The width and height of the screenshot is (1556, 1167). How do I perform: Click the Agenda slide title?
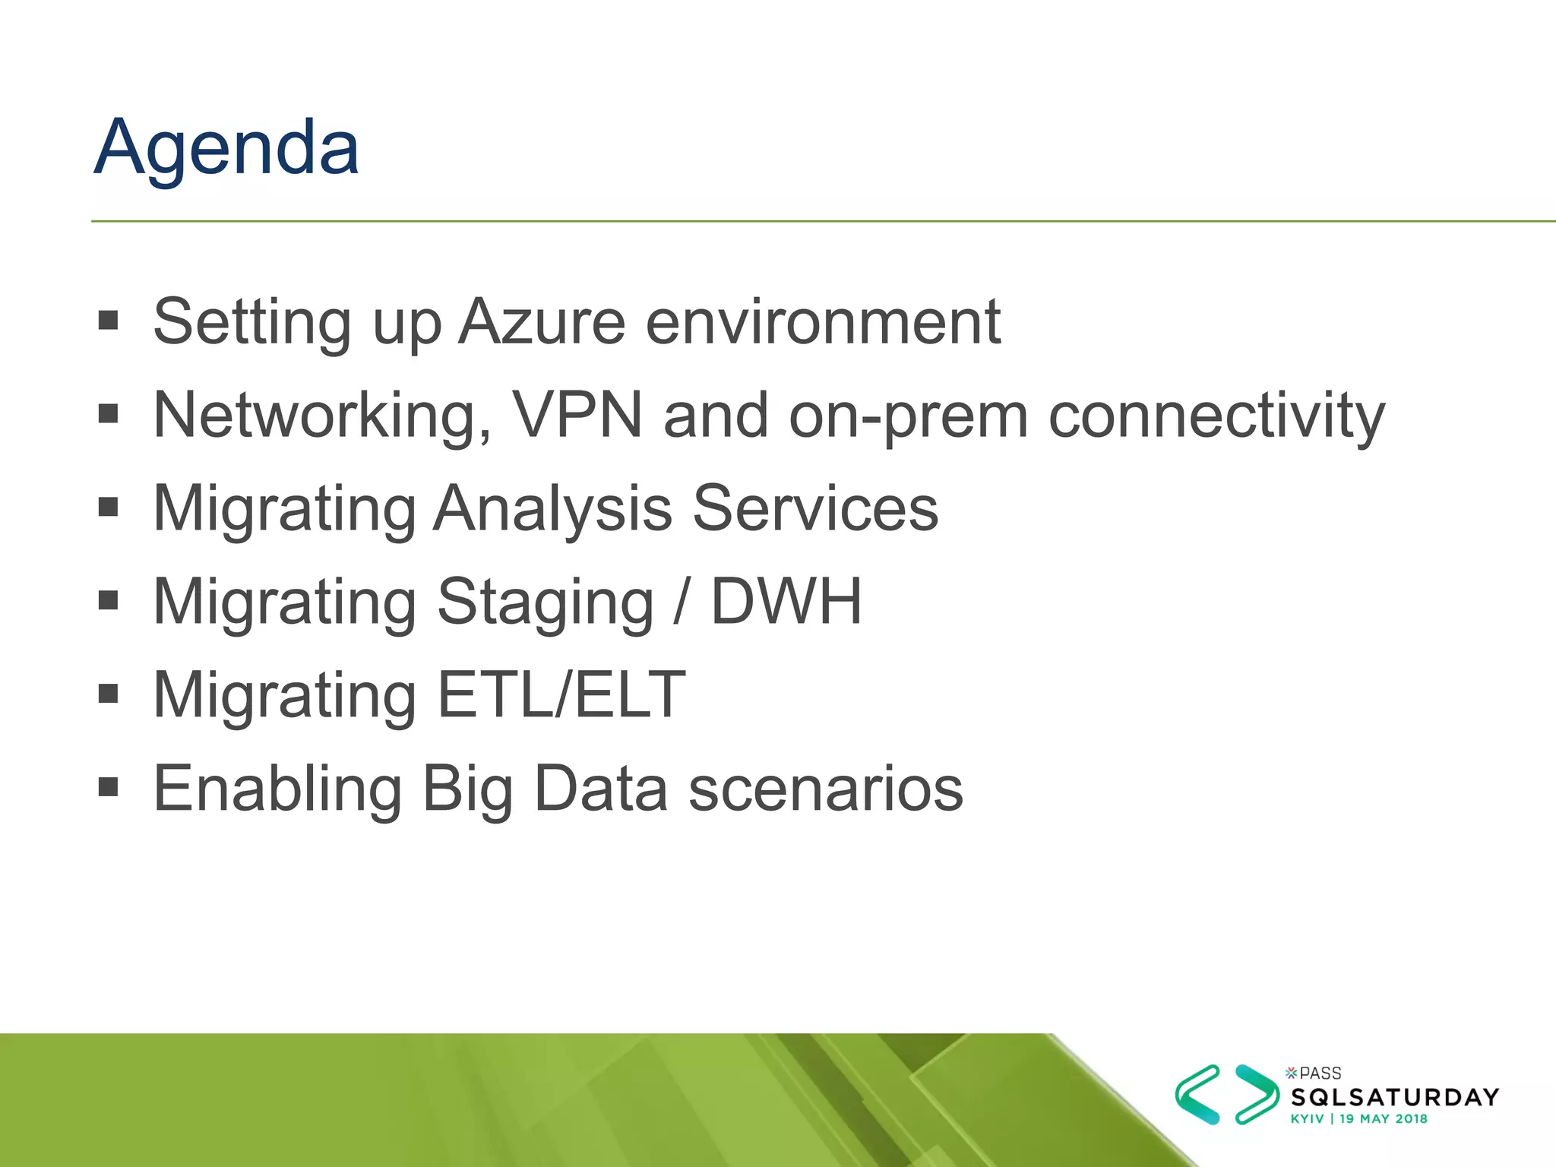point(226,148)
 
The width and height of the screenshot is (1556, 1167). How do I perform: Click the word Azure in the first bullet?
point(542,322)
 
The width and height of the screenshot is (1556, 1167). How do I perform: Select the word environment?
point(823,322)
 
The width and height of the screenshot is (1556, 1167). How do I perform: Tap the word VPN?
point(577,416)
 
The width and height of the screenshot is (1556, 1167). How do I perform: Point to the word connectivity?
point(1216,416)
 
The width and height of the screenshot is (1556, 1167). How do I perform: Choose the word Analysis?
point(552,508)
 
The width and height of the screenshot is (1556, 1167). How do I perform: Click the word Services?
point(815,508)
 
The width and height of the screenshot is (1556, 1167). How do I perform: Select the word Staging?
point(545,602)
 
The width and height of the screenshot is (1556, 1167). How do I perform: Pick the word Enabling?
point(277,789)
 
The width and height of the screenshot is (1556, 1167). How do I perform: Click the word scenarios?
point(826,789)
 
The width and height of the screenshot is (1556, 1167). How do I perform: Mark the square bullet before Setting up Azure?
point(109,320)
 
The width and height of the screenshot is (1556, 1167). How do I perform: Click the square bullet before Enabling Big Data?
point(109,787)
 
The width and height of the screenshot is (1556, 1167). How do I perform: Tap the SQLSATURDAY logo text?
point(1395,1097)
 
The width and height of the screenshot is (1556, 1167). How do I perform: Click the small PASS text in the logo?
point(1320,1074)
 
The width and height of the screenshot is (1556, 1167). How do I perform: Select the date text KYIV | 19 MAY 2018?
point(1358,1119)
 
